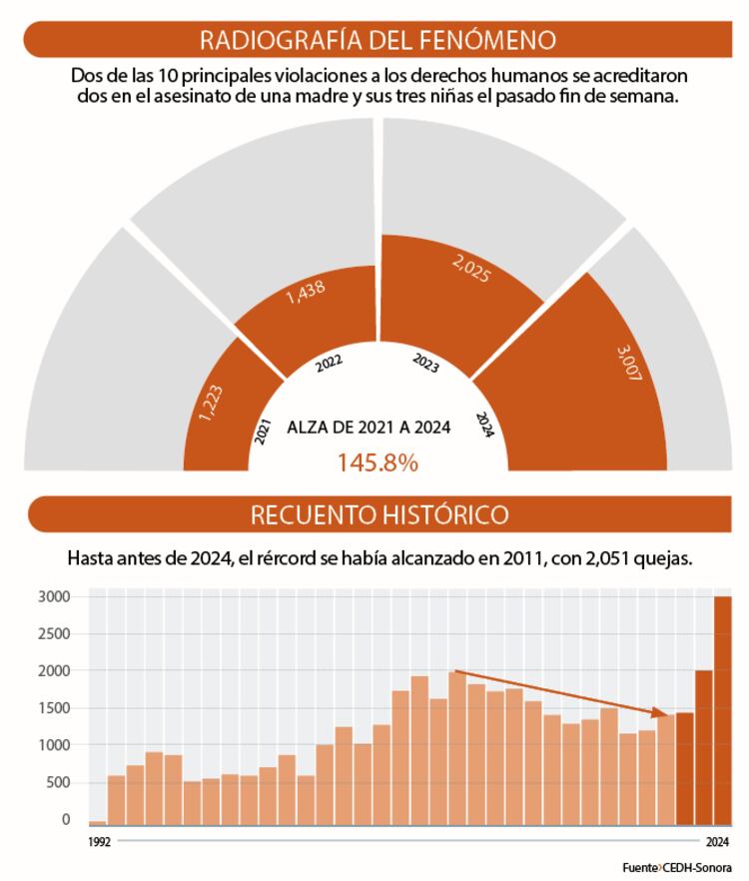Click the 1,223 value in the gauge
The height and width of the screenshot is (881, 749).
coord(211,402)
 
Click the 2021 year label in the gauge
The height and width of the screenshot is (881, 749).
coord(263,432)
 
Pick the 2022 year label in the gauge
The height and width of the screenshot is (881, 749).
coord(330,365)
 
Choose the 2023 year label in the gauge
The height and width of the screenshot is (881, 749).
coord(425,364)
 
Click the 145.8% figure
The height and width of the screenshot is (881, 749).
coord(377,462)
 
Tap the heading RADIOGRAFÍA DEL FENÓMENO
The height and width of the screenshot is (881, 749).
coord(377,41)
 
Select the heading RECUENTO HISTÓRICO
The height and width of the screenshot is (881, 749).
coord(378,514)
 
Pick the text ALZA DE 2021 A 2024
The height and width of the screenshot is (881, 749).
coord(369,428)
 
